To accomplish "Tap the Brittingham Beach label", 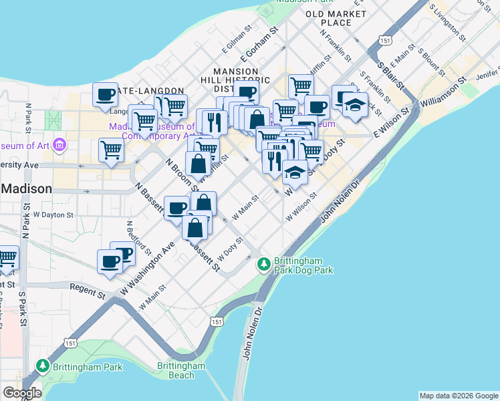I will (x=180, y=371).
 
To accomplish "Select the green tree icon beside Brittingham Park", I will (x=43, y=366).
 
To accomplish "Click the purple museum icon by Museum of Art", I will (x=59, y=144).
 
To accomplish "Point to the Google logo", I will (x=22, y=393).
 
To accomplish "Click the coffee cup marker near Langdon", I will (x=106, y=96).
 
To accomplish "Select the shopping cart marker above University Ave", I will (x=111, y=150).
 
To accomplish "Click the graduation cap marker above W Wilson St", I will (x=295, y=172).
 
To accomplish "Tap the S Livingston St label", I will (x=447, y=20).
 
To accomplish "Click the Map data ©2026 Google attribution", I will (x=459, y=396).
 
